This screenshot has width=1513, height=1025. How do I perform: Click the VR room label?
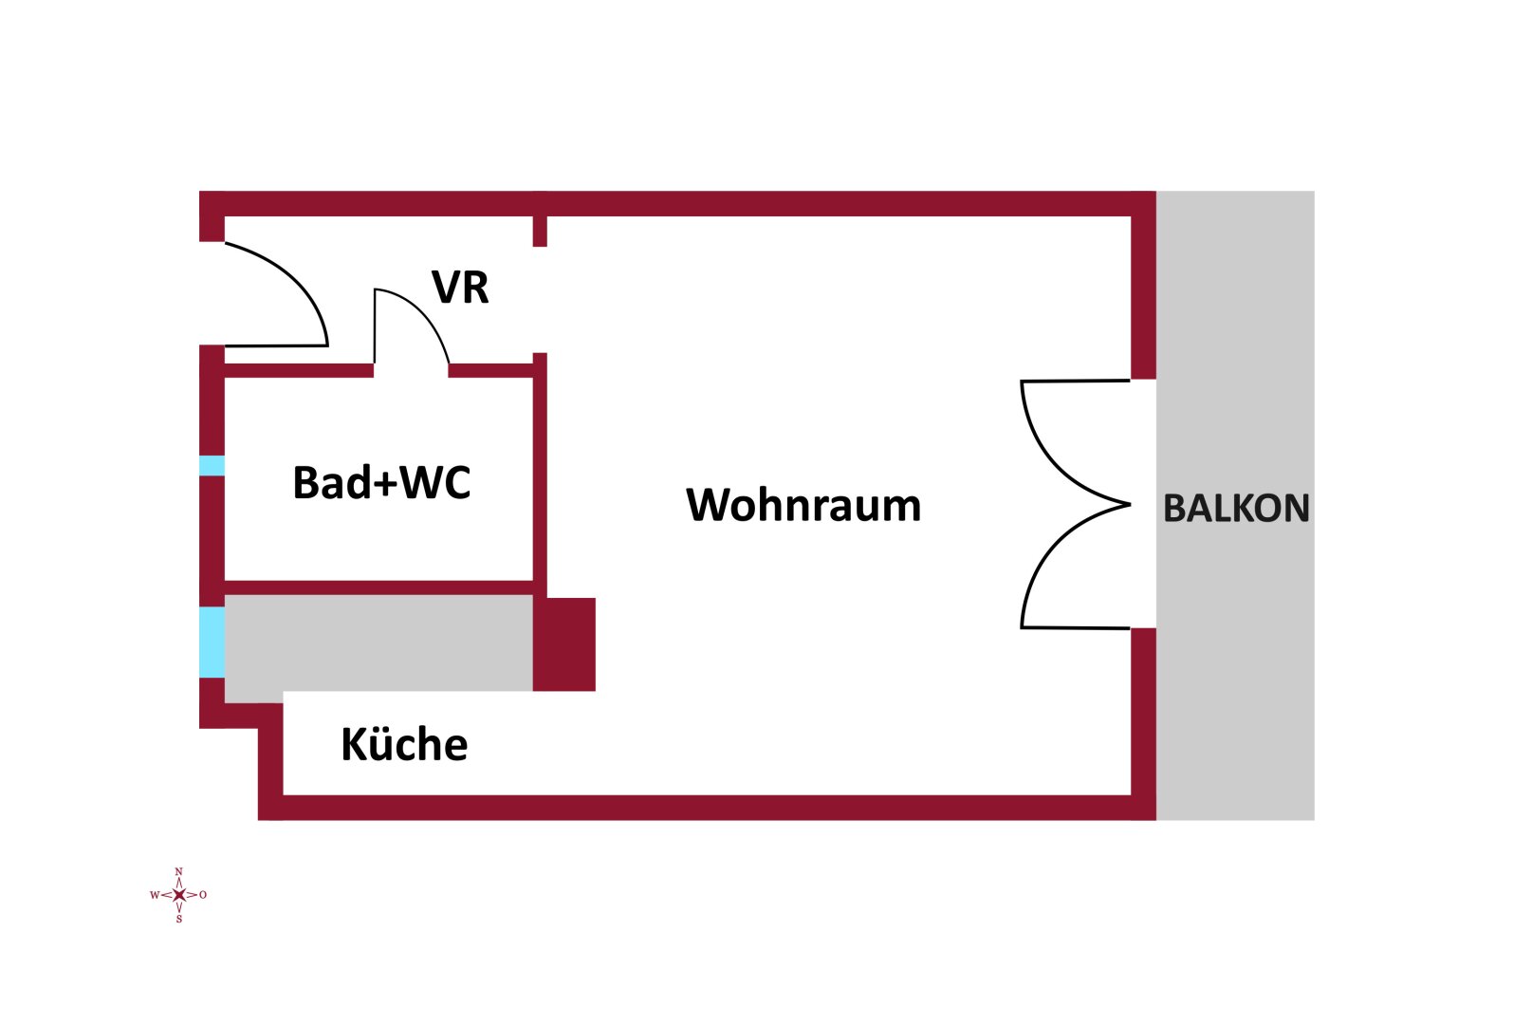point(460,288)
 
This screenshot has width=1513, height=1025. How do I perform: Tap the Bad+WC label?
point(381,482)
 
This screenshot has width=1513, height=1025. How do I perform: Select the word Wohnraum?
point(803,505)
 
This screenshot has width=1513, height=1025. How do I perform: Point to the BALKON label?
point(1236,509)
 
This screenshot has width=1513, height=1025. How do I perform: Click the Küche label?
point(404,745)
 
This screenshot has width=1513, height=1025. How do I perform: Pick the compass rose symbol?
point(178,895)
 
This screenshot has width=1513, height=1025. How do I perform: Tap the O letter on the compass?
point(203,895)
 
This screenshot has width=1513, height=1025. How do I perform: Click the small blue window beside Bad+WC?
point(212,466)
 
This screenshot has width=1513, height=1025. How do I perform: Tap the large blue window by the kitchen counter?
point(212,642)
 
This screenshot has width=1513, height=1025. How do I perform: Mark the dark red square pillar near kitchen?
point(564,644)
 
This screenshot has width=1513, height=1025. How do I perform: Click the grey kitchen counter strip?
point(379,643)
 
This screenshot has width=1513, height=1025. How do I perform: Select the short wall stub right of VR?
point(540,231)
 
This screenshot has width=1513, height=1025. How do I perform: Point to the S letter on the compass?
point(178,919)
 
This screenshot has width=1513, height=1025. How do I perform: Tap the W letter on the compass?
point(155,895)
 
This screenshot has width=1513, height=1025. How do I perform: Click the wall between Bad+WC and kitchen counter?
point(379,587)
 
